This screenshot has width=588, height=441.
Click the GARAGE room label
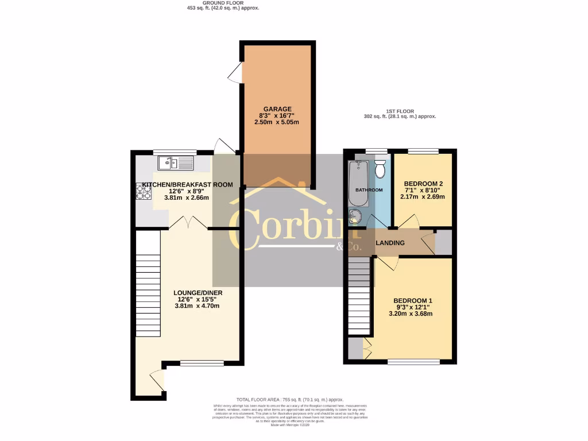tap(278, 109)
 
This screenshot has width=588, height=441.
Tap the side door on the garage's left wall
tap(235, 73)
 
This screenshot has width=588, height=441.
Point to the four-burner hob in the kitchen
tap(142, 191)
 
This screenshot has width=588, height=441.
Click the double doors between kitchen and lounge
tap(188, 223)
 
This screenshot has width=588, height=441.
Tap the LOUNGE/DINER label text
tap(198, 293)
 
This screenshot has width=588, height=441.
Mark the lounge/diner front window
tap(202, 363)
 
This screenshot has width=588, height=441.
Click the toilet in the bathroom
tap(380, 169)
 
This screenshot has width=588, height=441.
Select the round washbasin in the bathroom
tap(356, 216)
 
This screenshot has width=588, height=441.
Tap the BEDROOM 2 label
tap(423, 184)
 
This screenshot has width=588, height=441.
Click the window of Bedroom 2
tap(424, 151)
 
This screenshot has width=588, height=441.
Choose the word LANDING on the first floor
tap(390, 243)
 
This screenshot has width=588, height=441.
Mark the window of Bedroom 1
tap(413, 362)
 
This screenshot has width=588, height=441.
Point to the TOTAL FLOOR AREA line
tap(289, 399)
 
